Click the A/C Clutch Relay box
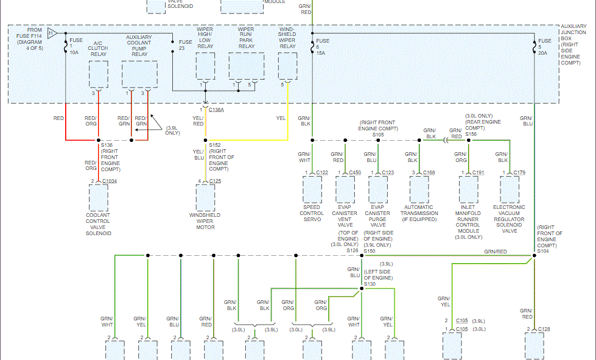click(x=98, y=74)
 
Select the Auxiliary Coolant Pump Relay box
click(x=139, y=74)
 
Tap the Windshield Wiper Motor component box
click(x=205, y=198)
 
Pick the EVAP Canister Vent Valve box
click(x=345, y=189)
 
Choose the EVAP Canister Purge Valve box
click(x=378, y=189)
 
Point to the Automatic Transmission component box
click(x=419, y=189)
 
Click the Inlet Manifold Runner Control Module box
click(x=468, y=189)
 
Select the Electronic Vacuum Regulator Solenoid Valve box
click(x=510, y=189)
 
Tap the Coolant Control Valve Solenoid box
click(x=98, y=197)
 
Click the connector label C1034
click(x=110, y=181)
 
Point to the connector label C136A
click(x=216, y=110)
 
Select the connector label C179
click(x=519, y=173)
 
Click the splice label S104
click(x=543, y=251)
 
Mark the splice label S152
click(x=216, y=145)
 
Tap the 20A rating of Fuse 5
click(x=543, y=53)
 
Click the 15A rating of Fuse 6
click(x=320, y=53)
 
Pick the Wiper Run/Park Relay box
click(x=246, y=66)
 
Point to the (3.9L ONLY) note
click(x=174, y=130)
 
